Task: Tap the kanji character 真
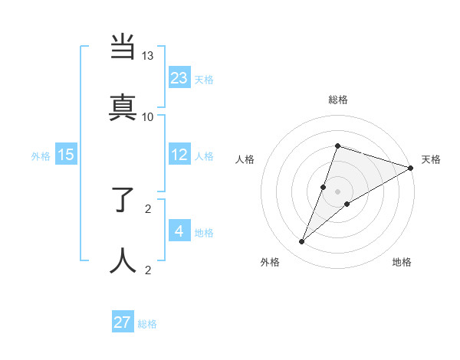pyautogui.click(x=123, y=106)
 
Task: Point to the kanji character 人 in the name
pyautogui.click(x=123, y=260)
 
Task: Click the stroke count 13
pyautogui.click(x=148, y=56)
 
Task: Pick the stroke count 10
pyautogui.click(x=148, y=116)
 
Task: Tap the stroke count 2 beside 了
pyautogui.click(x=148, y=208)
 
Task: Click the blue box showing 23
pyautogui.click(x=179, y=77)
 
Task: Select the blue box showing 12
pyautogui.click(x=179, y=155)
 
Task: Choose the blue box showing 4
pyautogui.click(x=179, y=231)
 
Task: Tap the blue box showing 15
pyautogui.click(x=66, y=155)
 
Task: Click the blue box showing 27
pyautogui.click(x=123, y=322)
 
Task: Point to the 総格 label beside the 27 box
pyautogui.click(x=147, y=324)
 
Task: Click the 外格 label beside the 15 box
pyautogui.click(x=41, y=156)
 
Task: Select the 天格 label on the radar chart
pyautogui.click(x=431, y=159)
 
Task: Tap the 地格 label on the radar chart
pyautogui.click(x=402, y=262)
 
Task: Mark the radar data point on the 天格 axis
pyautogui.click(x=411, y=168)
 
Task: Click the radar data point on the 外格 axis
pyautogui.click(x=302, y=242)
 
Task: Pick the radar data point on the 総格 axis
pyautogui.click(x=337, y=146)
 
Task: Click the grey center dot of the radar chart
pyautogui.click(x=337, y=191)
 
